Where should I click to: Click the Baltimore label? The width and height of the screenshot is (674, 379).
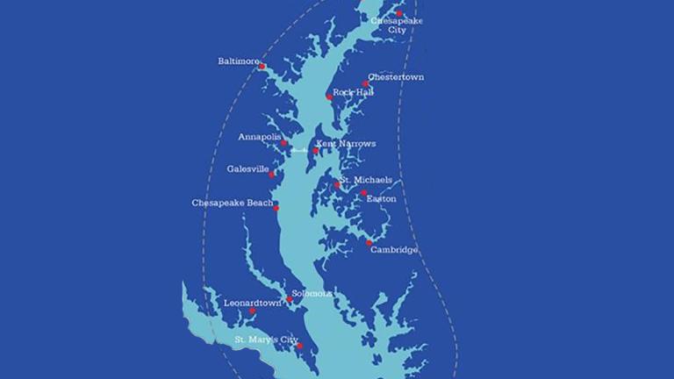tap(238, 61)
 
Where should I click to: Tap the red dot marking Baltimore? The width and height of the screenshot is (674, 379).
tap(262, 67)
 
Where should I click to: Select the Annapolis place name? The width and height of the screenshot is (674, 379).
tap(259, 138)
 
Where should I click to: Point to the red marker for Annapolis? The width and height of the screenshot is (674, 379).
tap(284, 143)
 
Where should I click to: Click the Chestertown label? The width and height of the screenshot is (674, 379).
tap(396, 77)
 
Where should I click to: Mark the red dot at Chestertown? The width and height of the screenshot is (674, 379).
tap(366, 84)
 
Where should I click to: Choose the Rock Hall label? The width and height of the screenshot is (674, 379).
tap(353, 92)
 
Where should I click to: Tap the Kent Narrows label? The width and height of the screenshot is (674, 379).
tap(346, 144)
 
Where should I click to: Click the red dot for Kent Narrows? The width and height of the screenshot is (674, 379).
tap(316, 151)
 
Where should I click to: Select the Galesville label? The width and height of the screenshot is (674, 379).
tap(247, 168)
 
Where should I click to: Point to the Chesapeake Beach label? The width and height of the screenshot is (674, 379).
tap(233, 203)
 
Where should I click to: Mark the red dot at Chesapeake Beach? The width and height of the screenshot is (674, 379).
tap(276, 208)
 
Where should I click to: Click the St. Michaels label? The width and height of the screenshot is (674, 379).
tap(366, 180)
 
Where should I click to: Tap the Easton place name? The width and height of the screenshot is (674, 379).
tap(381, 199)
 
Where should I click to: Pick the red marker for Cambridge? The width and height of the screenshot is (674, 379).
tap(369, 242)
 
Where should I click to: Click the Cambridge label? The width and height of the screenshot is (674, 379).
tap(394, 250)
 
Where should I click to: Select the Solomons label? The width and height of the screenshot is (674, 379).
tap(312, 294)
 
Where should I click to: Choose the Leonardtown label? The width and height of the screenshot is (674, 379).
tap(253, 303)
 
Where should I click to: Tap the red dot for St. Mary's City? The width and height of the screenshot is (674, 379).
tap(300, 346)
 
